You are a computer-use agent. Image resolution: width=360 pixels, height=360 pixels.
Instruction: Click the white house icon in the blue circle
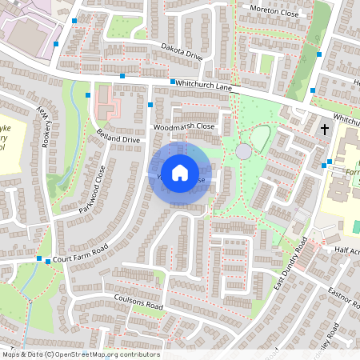[x=180, y=172]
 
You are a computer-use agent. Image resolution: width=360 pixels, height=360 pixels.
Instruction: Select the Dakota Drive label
[x=181, y=51]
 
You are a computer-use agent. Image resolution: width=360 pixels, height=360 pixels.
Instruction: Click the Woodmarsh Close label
[x=185, y=126]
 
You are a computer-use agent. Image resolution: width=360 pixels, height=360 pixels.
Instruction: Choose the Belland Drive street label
[x=118, y=139]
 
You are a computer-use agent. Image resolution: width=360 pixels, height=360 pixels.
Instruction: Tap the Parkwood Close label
[x=92, y=189]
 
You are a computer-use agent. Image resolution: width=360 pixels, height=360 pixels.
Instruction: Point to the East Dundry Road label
[x=290, y=263]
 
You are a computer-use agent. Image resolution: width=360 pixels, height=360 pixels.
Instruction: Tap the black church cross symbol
[x=326, y=128]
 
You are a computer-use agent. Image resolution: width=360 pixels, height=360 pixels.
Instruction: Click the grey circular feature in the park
[x=243, y=151]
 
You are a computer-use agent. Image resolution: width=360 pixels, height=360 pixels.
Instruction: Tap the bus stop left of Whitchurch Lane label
[x=173, y=82]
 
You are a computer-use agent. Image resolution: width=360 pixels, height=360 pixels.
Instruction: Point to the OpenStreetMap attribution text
[x=81, y=354]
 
